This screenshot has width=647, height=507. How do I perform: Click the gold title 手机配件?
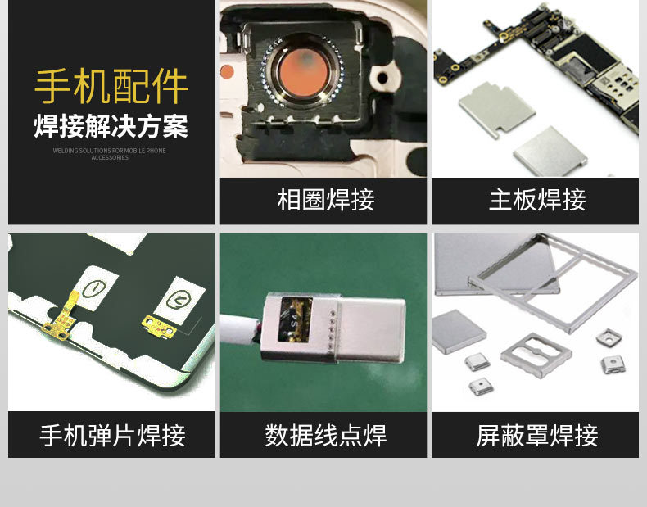point(111,88)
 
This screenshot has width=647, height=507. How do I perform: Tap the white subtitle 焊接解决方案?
point(111,127)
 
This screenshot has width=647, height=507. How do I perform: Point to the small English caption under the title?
point(110,153)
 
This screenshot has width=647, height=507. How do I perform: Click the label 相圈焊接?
point(325,201)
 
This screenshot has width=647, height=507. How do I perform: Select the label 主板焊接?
point(537,201)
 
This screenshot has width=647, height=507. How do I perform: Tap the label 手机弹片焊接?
point(112,435)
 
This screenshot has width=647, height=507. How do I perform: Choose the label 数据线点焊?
point(325,435)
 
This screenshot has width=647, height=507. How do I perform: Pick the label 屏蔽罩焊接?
point(537,435)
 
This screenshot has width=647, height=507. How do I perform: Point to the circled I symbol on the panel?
point(93,289)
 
